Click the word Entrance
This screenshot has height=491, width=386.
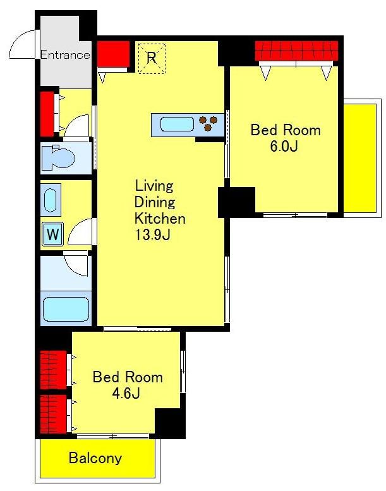coord(65,55)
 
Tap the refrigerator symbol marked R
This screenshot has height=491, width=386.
coord(152,58)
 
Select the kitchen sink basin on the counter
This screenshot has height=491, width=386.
coord(177,124)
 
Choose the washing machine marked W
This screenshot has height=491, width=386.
coord(53,234)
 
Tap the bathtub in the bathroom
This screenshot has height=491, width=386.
coord(66,309)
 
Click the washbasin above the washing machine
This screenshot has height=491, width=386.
coord(50,200)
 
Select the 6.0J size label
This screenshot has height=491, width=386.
coord(284,146)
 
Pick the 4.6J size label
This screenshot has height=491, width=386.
coord(126,393)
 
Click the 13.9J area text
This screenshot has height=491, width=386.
coord(152,234)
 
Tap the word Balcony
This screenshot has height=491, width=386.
coord(95,458)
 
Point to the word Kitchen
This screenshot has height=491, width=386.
coord(160,218)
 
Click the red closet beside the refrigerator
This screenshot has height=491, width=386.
coord(113,54)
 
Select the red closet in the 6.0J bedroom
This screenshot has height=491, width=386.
coord(296,51)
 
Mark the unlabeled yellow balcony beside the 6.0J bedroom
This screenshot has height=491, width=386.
coord(359,158)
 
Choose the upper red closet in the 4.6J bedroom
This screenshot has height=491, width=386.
coord(54,370)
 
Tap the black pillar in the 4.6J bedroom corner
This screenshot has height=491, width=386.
coord(170,423)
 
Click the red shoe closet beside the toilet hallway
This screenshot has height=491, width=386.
coord(47,114)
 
